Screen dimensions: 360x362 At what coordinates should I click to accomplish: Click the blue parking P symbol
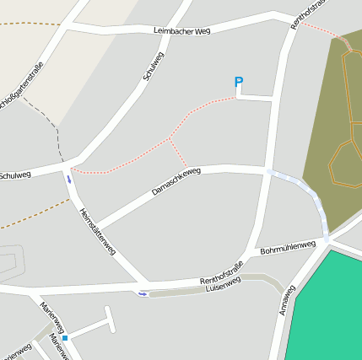[x=239, y=83]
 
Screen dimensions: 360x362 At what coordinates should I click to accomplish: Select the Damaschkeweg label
[x=176, y=181]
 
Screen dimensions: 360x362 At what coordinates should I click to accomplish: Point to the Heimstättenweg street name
[x=97, y=231]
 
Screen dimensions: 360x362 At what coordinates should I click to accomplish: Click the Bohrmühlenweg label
[x=288, y=248]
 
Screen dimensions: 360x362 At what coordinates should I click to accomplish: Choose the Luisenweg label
[x=224, y=285]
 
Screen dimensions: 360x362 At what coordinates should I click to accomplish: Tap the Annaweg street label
[x=286, y=300]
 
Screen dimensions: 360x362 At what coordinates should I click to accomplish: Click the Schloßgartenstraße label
[x=22, y=89]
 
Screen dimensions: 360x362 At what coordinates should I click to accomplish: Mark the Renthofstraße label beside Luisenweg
[x=221, y=273]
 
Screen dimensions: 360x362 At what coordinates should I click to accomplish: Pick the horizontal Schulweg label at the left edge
[x=15, y=175]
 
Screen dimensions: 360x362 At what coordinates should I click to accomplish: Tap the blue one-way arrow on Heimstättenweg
[x=68, y=179]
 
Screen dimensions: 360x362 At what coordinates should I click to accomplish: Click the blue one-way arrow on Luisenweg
[x=143, y=293]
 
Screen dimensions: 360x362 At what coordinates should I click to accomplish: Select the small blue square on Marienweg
[x=65, y=338]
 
